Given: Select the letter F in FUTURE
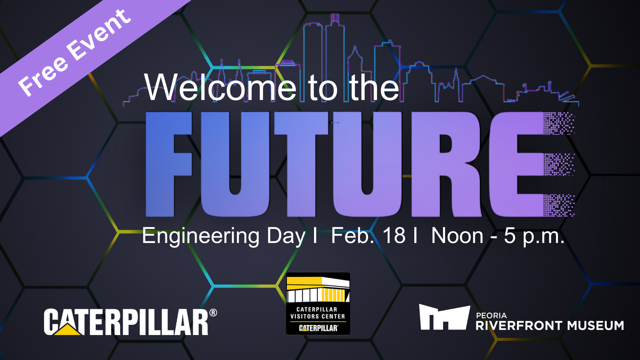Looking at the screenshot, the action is pyautogui.click(x=169, y=164).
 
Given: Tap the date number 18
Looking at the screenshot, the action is pyautogui.click(x=394, y=236).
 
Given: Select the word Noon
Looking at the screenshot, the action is pyautogui.click(x=457, y=236).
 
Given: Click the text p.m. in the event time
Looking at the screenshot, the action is pyautogui.click(x=543, y=237).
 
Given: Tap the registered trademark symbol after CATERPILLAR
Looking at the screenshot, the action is pyautogui.click(x=213, y=313).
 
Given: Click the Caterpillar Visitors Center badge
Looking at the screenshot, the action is pyautogui.click(x=318, y=304).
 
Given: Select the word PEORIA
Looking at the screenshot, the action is pyautogui.click(x=491, y=315).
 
